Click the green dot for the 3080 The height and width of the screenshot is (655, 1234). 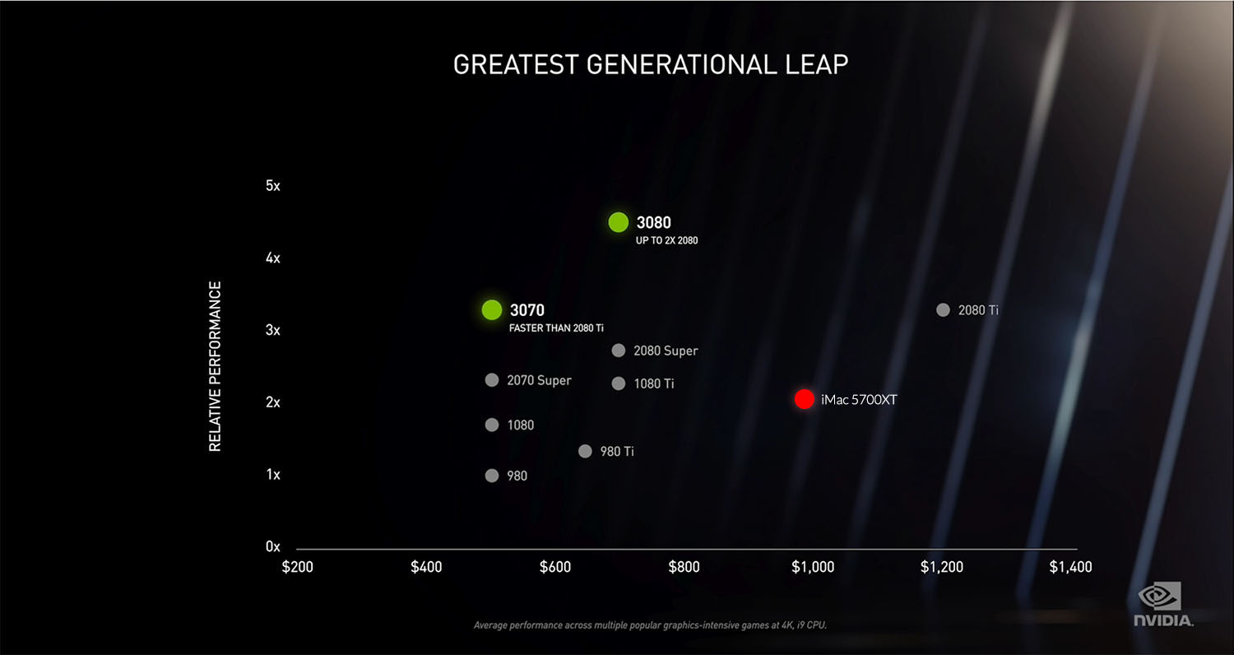[618, 222]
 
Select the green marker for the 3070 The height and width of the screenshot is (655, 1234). [491, 309]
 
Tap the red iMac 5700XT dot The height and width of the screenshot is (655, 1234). [805, 399]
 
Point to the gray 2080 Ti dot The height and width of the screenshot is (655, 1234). [943, 310]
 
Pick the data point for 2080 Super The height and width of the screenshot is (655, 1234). [618, 351]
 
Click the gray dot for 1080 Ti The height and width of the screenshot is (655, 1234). [619, 383]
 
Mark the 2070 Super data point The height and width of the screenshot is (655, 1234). [492, 380]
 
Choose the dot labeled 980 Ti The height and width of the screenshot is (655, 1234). [585, 451]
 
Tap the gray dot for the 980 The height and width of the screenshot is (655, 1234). [492, 476]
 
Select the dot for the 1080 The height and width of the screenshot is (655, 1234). [492, 425]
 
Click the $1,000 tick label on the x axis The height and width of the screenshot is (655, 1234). [812, 567]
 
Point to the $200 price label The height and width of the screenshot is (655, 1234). [297, 567]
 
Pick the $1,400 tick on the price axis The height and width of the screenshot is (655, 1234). [1070, 567]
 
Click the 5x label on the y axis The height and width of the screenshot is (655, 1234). [273, 186]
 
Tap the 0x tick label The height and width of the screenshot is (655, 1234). [273, 546]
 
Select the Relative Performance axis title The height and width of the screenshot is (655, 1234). [215, 366]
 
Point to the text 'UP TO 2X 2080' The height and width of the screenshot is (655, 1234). [666, 240]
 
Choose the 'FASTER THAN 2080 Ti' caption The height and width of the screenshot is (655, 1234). [556, 327]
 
